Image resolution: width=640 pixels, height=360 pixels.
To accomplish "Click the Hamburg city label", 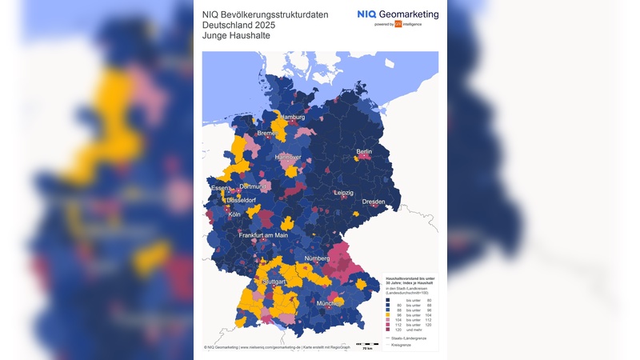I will point(293,118).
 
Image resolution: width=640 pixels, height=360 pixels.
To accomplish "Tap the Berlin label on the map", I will point(364,151).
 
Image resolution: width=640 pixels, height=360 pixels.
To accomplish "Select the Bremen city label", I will point(266,134).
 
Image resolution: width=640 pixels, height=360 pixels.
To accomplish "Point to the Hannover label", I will point(288,158).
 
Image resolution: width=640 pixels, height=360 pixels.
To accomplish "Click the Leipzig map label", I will point(344,193).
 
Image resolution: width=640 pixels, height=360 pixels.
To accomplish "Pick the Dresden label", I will point(373,202).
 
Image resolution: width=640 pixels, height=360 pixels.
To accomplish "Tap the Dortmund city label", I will point(254,186).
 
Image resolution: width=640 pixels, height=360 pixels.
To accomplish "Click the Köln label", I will point(234,214).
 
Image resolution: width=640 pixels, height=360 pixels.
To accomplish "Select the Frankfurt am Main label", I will point(263,235).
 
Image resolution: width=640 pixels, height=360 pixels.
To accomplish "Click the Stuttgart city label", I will point(274,282).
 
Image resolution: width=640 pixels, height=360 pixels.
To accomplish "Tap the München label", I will point(329,304).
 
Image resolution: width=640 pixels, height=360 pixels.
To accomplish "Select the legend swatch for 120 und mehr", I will point(388,329).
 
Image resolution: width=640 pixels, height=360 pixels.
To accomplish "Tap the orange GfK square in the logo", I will point(398,24).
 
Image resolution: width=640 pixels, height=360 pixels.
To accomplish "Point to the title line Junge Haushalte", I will point(237,35).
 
